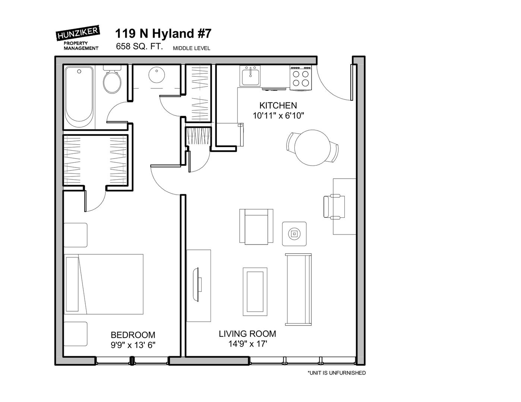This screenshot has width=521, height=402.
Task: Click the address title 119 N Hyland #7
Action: [x=163, y=33]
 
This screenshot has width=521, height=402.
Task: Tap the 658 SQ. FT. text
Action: [x=139, y=46]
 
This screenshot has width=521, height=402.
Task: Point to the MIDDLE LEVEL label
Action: [x=192, y=48]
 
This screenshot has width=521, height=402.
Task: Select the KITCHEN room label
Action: [x=278, y=105]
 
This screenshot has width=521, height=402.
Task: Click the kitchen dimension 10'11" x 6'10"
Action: [x=278, y=116]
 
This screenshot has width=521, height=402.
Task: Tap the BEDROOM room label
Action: [x=133, y=335]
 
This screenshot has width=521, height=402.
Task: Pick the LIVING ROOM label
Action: [x=247, y=334]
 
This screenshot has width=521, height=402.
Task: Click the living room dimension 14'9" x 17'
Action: [x=248, y=344]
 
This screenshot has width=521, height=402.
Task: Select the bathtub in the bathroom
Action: [x=79, y=97]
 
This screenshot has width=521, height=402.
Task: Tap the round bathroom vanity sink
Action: [x=157, y=75]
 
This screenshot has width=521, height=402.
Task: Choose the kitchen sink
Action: [x=250, y=76]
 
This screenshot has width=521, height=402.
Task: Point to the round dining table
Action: [x=312, y=147]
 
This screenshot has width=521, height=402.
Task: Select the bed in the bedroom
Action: [x=104, y=284]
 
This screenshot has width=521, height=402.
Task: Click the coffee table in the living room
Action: [x=255, y=292]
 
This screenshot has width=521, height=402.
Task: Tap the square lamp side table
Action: [x=294, y=234]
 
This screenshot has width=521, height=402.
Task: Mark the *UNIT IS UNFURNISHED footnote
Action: [x=337, y=373]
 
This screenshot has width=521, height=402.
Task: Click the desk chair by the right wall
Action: [x=334, y=207]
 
